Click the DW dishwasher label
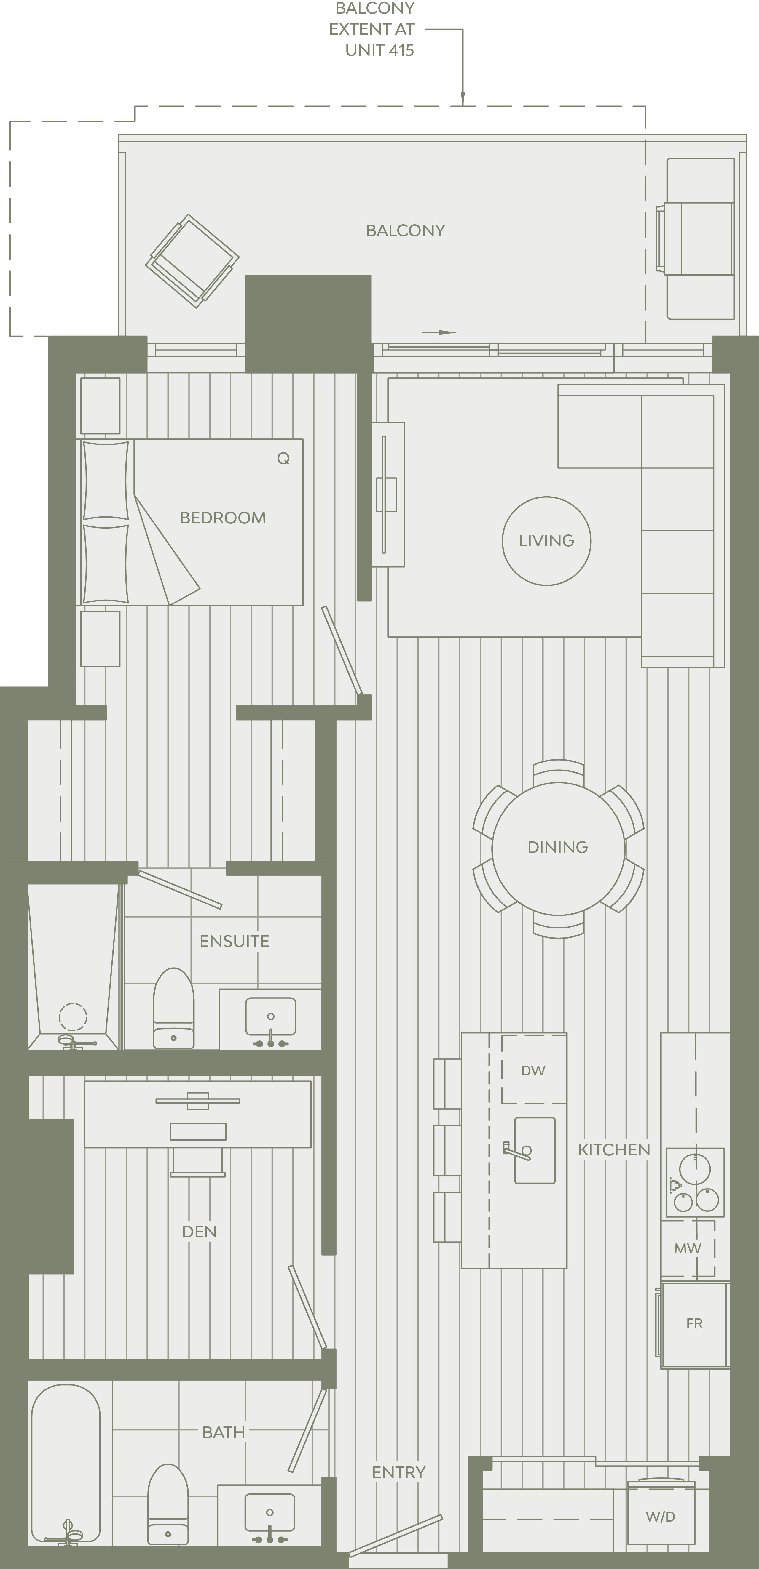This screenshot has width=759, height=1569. (533, 1070)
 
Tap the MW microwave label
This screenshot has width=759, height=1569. (688, 1248)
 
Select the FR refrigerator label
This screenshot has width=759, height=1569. (694, 1323)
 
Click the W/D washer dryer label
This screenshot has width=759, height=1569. (660, 1517)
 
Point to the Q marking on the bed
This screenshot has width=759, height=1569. (283, 458)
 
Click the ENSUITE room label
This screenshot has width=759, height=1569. (234, 941)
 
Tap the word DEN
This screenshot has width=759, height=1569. (199, 1232)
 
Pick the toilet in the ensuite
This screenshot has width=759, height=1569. (174, 1008)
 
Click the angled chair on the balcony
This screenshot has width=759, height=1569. (192, 261)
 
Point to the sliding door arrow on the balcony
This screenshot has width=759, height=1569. (439, 333)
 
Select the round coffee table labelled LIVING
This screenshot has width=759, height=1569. (546, 541)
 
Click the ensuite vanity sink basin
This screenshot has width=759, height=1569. (271, 1016)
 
